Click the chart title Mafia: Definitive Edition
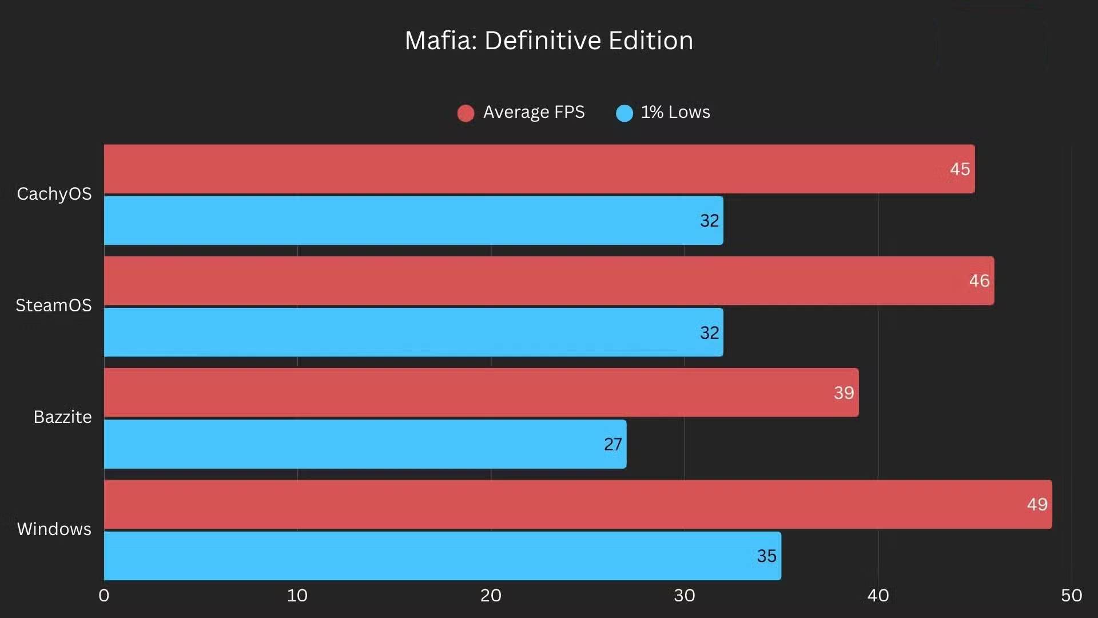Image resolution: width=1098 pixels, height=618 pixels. click(x=548, y=41)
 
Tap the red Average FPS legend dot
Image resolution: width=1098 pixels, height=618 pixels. click(x=466, y=113)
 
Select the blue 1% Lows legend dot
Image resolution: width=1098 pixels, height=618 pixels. click(x=624, y=113)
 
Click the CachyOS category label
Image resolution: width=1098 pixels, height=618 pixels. click(x=54, y=194)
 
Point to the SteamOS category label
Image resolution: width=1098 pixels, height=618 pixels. click(x=54, y=306)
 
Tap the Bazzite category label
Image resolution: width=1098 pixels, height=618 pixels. click(x=62, y=417)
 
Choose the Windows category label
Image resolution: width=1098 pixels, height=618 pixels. click(x=54, y=529)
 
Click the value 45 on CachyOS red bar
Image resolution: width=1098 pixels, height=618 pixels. click(x=960, y=169)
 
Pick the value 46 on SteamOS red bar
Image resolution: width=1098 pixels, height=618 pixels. click(x=979, y=281)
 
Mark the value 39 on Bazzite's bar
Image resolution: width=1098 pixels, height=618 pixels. click(x=844, y=393)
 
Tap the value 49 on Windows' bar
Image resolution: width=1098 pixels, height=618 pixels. click(x=1037, y=505)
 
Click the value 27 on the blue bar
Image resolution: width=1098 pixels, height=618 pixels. click(x=612, y=445)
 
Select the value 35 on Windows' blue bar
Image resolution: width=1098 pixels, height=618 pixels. click(x=766, y=556)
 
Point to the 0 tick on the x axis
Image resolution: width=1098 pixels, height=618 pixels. click(x=104, y=596)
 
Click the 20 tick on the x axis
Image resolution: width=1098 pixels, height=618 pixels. click(x=491, y=596)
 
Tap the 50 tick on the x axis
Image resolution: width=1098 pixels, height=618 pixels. click(x=1071, y=596)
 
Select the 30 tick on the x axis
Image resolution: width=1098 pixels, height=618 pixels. click(x=684, y=596)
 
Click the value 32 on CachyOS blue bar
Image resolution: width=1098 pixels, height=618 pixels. click(x=709, y=221)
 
